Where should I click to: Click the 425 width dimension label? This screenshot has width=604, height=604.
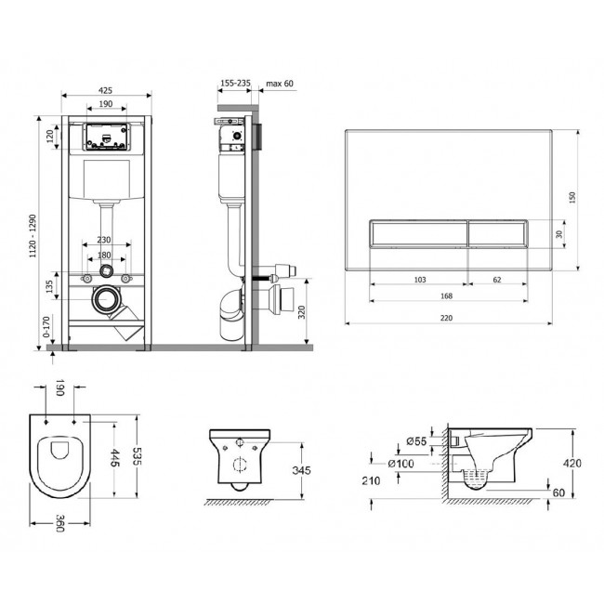pyautogui.click(x=105, y=90)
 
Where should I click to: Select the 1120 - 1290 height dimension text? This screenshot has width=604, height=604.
pyautogui.click(x=33, y=236)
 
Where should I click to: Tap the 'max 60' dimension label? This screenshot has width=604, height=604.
pyautogui.click(x=280, y=84)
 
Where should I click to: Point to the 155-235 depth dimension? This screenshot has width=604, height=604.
pyautogui.click(x=235, y=84)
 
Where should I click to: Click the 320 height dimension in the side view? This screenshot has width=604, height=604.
pyautogui.click(x=302, y=312)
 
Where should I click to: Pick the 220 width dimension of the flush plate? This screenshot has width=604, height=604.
pyautogui.click(x=446, y=318)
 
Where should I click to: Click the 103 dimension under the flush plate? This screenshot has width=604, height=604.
pyautogui.click(x=420, y=280)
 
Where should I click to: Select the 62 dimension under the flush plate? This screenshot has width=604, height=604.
pyautogui.click(x=497, y=280)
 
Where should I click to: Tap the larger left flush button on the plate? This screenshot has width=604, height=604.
pyautogui.click(x=419, y=233)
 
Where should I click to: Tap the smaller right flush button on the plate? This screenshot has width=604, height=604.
pyautogui.click(x=498, y=233)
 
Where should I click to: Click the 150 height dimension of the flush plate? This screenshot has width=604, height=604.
pyautogui.click(x=572, y=198)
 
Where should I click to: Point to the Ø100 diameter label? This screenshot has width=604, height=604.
pyautogui.click(x=401, y=464)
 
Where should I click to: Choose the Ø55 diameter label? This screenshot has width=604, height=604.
pyautogui.click(x=416, y=441)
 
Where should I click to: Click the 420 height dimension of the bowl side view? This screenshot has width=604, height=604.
pyautogui.click(x=572, y=463)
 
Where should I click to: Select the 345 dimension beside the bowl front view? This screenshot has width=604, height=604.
pyautogui.click(x=301, y=470)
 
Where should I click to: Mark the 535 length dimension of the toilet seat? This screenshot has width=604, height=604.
pyautogui.click(x=137, y=456)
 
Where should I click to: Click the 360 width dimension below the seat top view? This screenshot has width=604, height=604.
pyautogui.click(x=60, y=523)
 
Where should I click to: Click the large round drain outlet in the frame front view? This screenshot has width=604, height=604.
pyautogui.click(x=104, y=299)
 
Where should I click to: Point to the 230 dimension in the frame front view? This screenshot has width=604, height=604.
pyautogui.click(x=104, y=240)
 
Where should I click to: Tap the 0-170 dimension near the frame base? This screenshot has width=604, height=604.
pyautogui.click(x=46, y=327)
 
